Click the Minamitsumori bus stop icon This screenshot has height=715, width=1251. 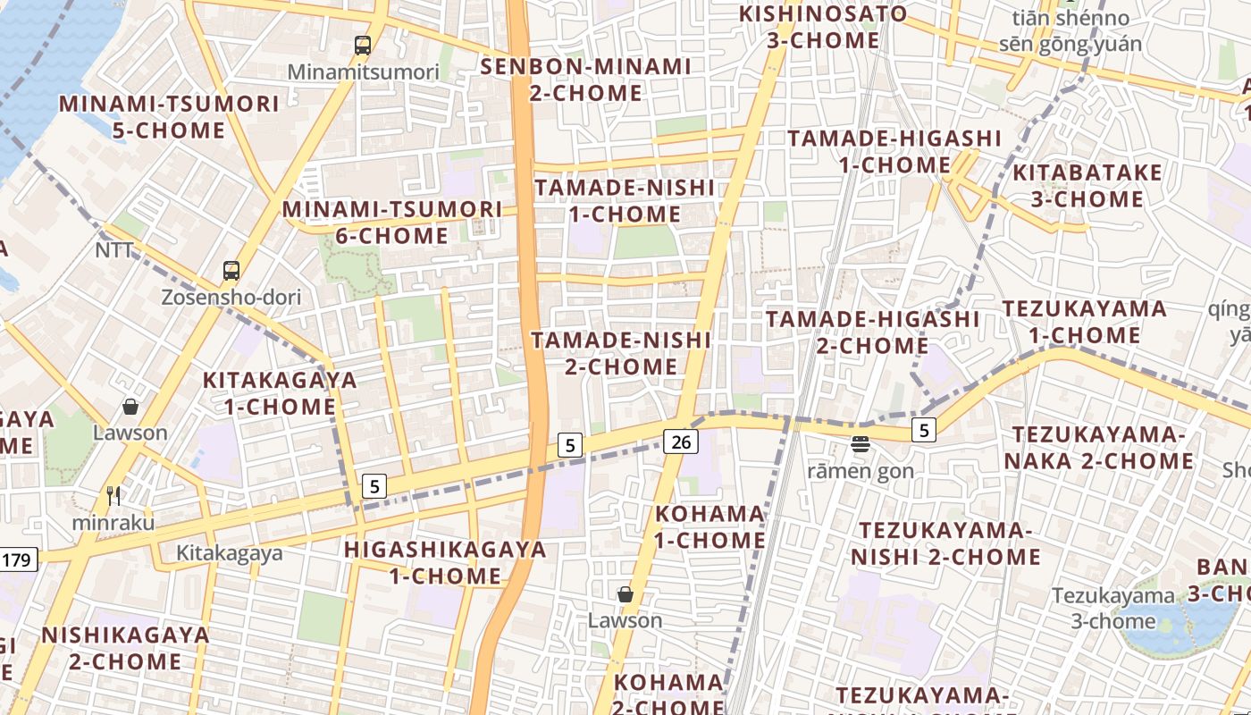362,45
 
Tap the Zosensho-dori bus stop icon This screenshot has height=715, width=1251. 231,270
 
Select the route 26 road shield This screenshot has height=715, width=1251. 680,441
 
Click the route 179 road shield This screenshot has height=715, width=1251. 16,560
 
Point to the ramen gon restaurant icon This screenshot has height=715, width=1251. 861,443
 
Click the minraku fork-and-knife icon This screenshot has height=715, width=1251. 113,496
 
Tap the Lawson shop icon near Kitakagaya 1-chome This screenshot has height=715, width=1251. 130,408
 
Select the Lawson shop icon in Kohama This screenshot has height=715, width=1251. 625,594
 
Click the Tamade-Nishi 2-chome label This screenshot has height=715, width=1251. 621,353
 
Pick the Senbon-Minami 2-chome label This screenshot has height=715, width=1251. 586,80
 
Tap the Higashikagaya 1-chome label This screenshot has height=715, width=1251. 445,562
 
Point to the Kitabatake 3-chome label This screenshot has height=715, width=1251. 1087,185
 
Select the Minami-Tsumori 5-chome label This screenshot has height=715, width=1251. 169,117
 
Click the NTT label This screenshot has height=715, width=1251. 113,250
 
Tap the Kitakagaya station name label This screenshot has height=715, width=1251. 229,553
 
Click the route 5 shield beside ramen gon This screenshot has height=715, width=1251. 924,430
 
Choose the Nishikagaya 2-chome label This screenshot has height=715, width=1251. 125,648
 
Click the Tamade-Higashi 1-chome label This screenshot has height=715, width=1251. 894,151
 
